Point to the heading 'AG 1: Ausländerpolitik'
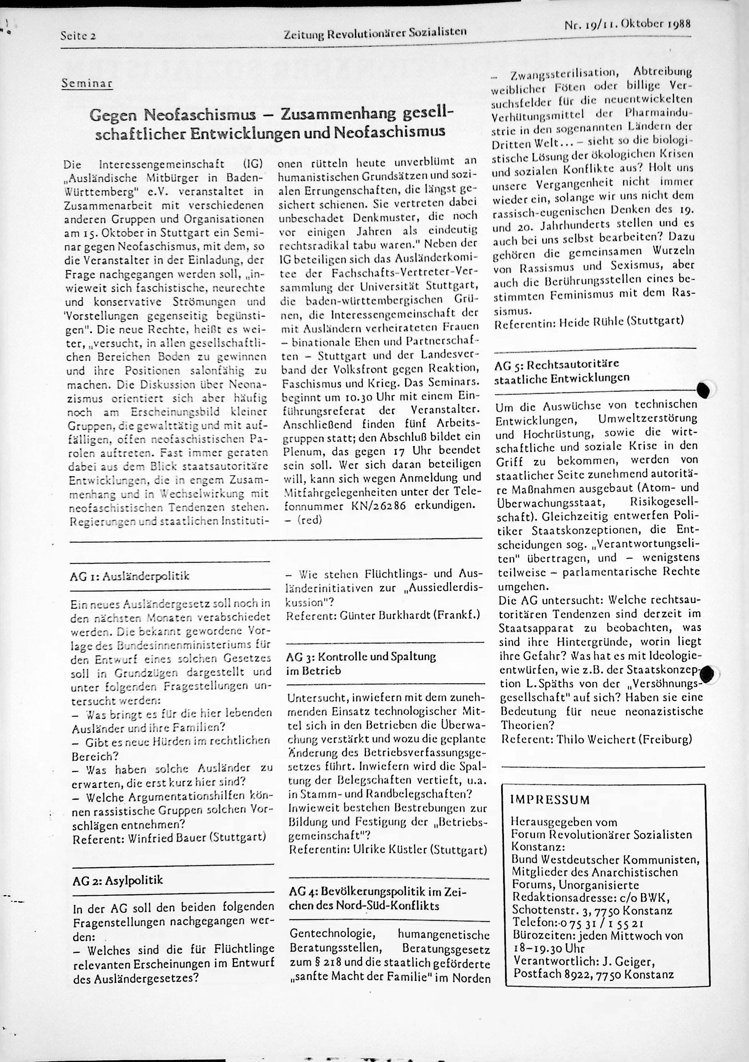[x=130, y=576]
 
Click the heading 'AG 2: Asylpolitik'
[x=118, y=880]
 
